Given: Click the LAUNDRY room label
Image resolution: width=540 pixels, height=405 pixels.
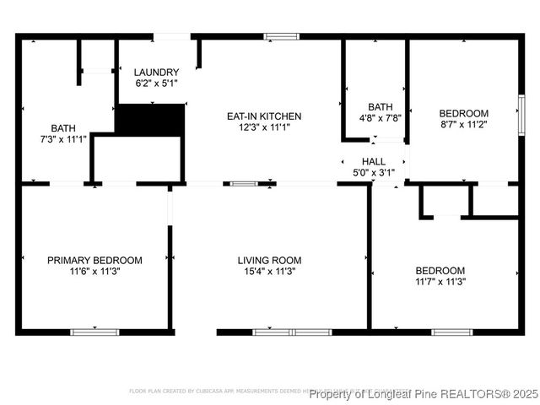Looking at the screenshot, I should coord(157,73).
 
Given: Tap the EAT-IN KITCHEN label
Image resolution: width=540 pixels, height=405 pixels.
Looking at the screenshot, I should coord(263,116).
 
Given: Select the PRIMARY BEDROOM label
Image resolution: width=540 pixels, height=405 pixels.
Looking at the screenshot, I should coord(94,261).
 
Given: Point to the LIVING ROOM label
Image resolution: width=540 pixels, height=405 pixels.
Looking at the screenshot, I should coord(269,261).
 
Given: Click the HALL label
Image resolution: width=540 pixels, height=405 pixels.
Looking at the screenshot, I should coord(373,161).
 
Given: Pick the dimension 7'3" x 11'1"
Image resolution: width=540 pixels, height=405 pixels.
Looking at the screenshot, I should coord(63,138).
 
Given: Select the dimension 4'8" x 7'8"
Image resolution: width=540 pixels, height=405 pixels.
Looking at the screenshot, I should coord(380,118).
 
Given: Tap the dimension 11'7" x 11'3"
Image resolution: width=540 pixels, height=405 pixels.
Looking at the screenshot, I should coord(440,281).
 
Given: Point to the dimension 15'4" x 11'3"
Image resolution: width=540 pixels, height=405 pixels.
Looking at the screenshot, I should coord(269,272).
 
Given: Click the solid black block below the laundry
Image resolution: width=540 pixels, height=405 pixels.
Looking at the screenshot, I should coord(149,120).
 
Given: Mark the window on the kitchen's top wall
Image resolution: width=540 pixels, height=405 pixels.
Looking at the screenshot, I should coord(281,36).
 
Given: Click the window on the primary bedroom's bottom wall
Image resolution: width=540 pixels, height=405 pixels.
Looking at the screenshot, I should coord(94,332).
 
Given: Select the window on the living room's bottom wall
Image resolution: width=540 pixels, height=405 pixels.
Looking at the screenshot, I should coord(291,332).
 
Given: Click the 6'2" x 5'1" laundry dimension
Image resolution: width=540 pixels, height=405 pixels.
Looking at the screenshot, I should coord(157,84).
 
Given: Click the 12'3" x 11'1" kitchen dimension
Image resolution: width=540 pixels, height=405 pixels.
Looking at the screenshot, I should coord(263,127).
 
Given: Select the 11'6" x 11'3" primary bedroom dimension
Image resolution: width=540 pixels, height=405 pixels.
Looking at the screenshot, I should coord(94,272).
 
